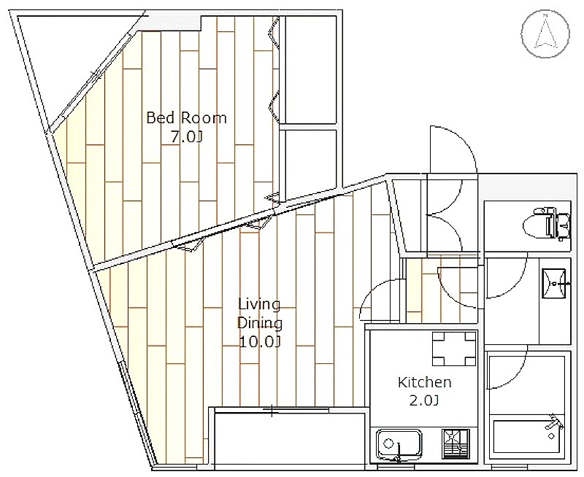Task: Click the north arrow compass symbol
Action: (545, 34)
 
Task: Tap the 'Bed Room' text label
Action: (186, 118)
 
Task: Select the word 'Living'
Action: (259, 305)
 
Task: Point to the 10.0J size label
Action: (260, 341)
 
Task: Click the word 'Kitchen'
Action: (425, 382)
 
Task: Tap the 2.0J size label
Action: (424, 400)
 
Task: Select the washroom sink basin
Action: (554, 284)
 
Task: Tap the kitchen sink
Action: (399, 445)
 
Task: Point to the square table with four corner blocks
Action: (454, 349)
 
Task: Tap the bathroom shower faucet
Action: (555, 425)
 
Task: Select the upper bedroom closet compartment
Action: (311, 69)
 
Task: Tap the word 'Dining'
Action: (260, 324)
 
